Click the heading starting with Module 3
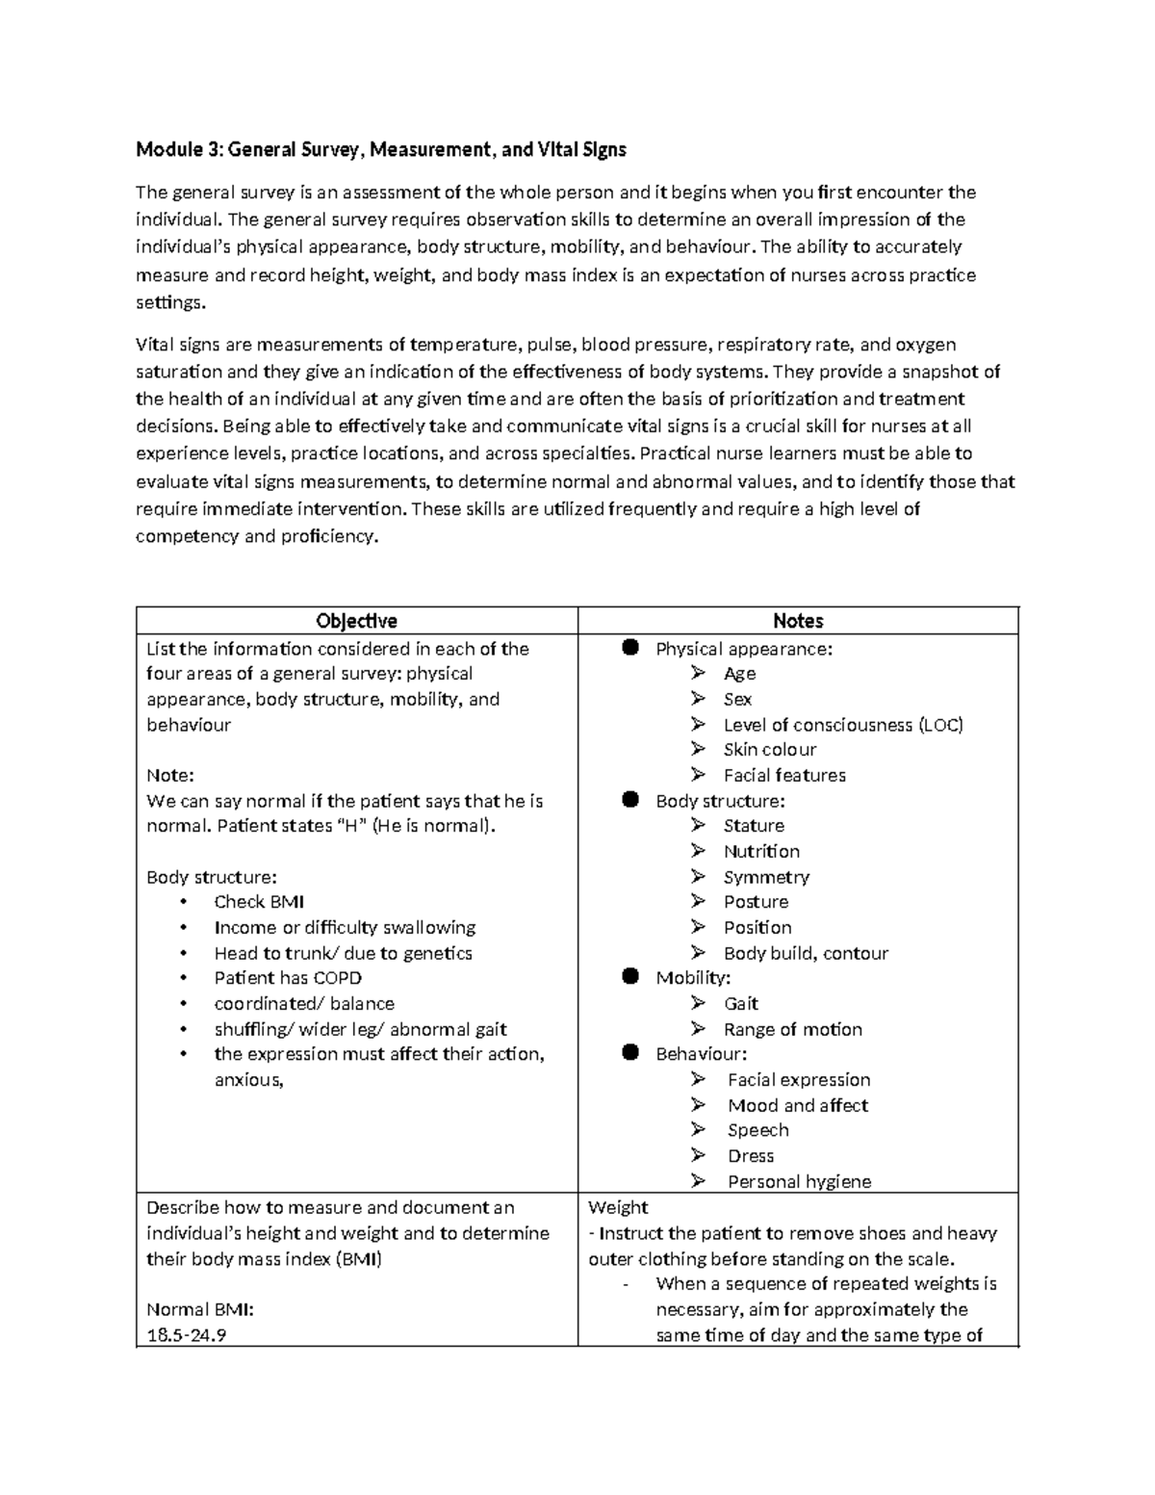point(381,149)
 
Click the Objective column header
point(357,621)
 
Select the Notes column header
point(798,621)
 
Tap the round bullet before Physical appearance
point(630,648)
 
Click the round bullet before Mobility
point(630,977)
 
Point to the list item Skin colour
point(769,749)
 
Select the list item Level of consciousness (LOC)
point(842,724)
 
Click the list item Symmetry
point(766,876)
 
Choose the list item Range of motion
point(792,1029)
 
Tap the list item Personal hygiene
point(799,1181)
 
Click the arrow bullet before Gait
point(698,1003)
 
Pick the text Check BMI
point(259,902)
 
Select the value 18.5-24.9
point(187,1335)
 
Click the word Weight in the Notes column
point(618,1207)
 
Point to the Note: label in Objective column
point(170,775)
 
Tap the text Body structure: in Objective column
point(212,877)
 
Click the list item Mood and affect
point(797,1105)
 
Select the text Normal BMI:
point(199,1309)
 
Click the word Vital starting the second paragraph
point(154,345)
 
